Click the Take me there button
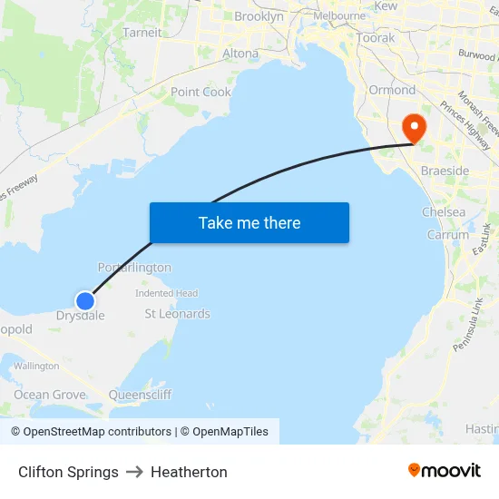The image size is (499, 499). coord(249,222)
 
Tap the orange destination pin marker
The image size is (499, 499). coord(413,127)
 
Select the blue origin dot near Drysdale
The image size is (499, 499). coord(84,300)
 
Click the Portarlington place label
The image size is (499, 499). coord(134,268)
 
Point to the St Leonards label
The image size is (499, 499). coord(177,314)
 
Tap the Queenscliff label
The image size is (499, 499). coord(140,395)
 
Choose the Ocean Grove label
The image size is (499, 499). coord(50,395)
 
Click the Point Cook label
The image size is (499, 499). coord(201,92)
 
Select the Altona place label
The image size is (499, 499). coord(240,54)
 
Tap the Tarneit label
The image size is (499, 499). coord(142,33)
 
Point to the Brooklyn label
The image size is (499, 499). coord(259,16)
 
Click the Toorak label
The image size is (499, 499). coord(376,38)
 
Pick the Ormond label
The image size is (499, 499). coord(392,90)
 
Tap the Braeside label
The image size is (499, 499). coord(445,171)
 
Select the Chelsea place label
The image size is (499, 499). coord(444,212)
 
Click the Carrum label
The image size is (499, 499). coord(448,235)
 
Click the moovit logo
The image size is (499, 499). coord(445,471)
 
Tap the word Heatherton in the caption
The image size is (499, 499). coord(189,472)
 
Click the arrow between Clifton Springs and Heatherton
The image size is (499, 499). coord(134,472)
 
